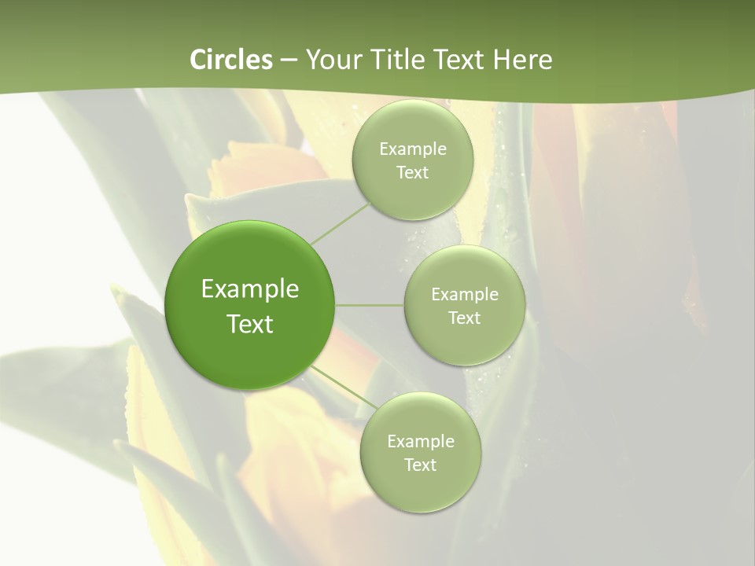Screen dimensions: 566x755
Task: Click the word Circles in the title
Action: [231, 60]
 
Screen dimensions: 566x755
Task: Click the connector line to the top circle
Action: [340, 223]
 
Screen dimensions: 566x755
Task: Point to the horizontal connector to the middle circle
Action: [370, 305]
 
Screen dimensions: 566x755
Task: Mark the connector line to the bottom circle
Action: [340, 384]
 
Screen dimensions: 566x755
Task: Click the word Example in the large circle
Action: [250, 289]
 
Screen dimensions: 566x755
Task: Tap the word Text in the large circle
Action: [250, 324]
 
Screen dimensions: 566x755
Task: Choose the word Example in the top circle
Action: [413, 149]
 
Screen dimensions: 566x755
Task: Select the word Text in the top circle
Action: [412, 173]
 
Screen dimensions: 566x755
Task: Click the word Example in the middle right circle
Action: [465, 295]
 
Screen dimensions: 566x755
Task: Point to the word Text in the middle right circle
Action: [464, 318]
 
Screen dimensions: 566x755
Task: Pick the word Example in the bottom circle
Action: [421, 442]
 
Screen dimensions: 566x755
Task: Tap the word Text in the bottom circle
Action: [420, 465]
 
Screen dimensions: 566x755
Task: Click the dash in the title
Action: [289, 61]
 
